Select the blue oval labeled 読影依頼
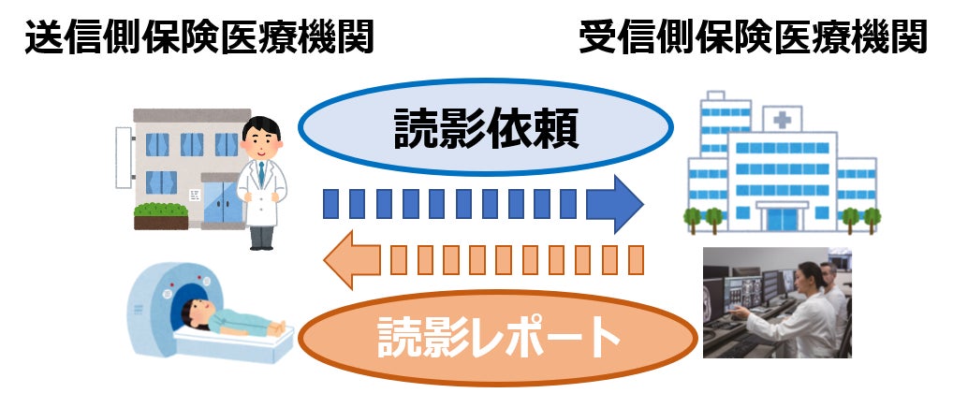tap(486, 132)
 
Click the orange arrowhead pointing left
tap(350, 259)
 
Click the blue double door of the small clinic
tap(220, 203)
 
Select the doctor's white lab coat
tap(261, 192)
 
